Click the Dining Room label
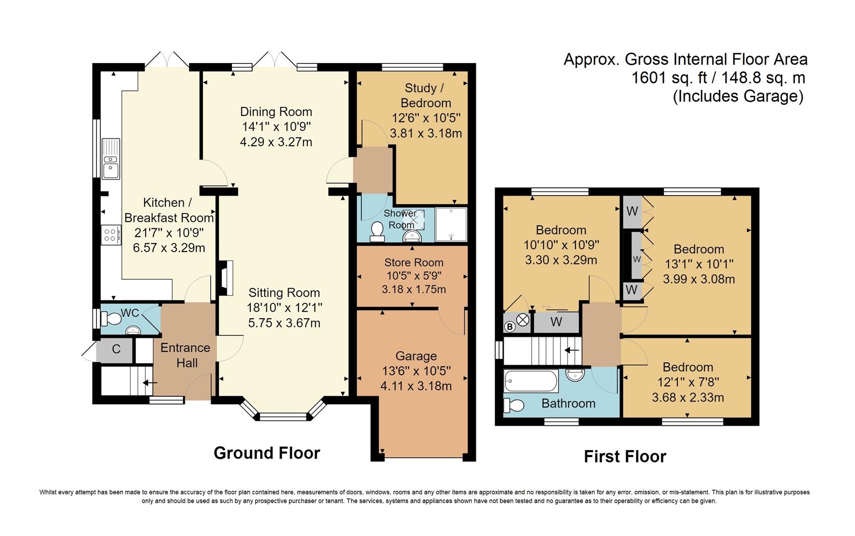coord(276,112)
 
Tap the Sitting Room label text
coord(284,293)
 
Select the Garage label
coord(416,356)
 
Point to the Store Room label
coord(414,263)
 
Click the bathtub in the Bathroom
coord(531,381)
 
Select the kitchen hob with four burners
coord(111,234)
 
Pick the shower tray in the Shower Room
coord(451,224)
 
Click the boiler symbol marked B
coord(509,327)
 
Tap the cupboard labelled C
coord(116,349)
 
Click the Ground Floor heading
coord(267,453)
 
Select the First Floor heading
coord(625,456)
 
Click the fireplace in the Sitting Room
coord(224,278)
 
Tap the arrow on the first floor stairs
coord(572,350)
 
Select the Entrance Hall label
coord(186,355)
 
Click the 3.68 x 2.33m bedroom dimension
coord(688,398)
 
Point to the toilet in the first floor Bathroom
coord(514,405)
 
